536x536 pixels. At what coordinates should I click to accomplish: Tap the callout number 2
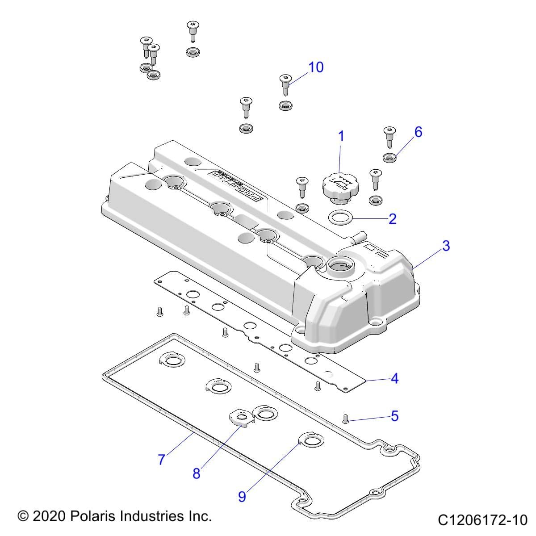pos(392,219)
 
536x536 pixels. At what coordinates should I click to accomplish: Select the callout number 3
pos(445,246)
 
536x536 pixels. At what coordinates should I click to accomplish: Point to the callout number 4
pos(394,379)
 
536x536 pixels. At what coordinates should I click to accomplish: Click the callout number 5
pos(394,416)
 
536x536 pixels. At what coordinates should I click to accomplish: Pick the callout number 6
pos(418,132)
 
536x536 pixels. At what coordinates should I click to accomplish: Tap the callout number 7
pos(162,459)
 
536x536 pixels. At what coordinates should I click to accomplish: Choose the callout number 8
pos(197,473)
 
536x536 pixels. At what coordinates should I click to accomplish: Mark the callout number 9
pos(242,497)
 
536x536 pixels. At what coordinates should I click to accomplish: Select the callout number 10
pos(315,67)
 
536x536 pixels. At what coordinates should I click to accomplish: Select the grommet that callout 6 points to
pos(390,158)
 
